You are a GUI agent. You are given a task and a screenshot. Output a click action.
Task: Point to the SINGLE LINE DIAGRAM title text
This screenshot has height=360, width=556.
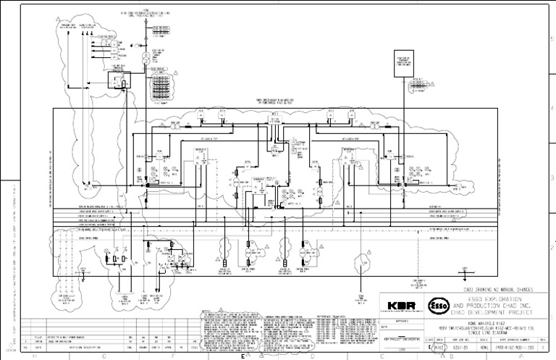[x=492, y=333]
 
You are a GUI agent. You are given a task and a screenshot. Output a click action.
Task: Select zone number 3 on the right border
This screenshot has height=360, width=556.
[x=552, y=176]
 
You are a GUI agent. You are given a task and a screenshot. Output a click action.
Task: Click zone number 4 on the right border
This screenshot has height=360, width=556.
[x=552, y=106]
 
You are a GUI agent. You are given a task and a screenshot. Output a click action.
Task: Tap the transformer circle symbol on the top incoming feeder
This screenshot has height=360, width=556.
[x=145, y=55]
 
